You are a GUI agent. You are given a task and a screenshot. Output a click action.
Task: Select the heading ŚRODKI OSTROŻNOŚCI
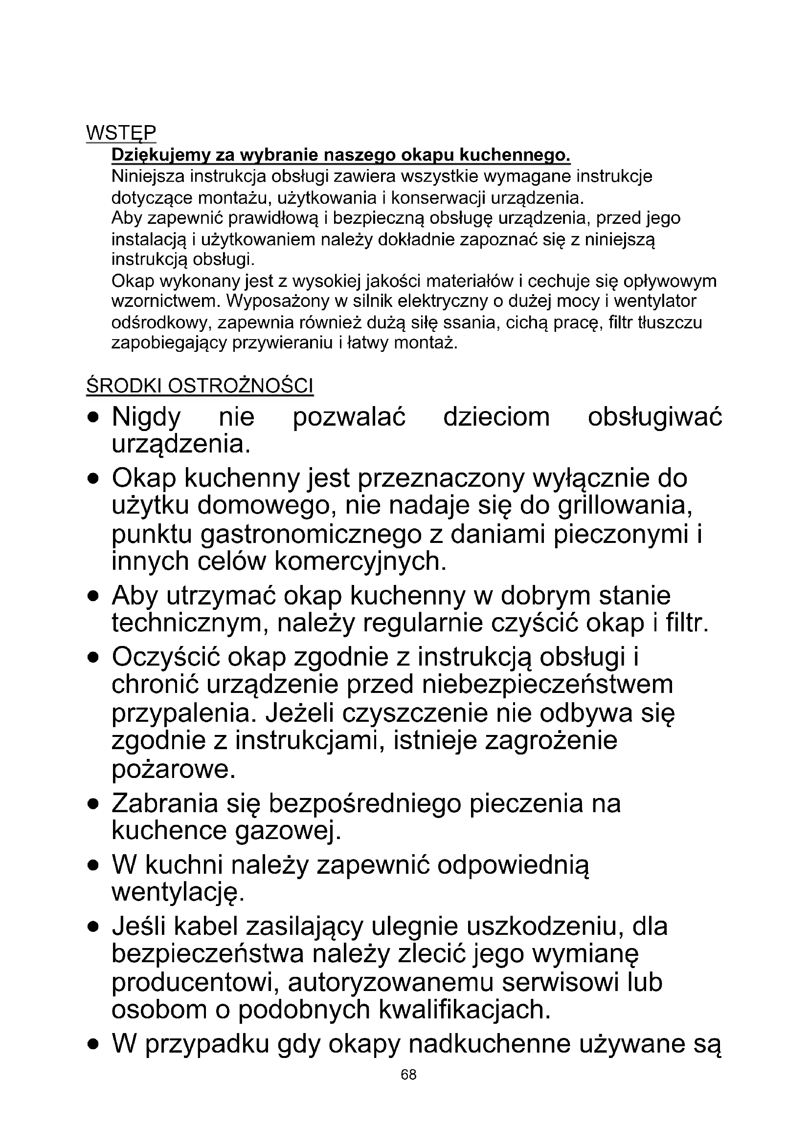pos(200,386)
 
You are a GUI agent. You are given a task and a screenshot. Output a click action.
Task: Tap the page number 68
pos(408,1089)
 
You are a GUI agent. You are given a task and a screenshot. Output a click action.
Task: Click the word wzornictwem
pos(166,301)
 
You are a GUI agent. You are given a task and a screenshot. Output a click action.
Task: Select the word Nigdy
pos(146,417)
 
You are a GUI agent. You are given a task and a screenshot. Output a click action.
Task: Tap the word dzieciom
pos(496,417)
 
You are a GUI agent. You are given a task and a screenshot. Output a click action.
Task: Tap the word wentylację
pos(178,892)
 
